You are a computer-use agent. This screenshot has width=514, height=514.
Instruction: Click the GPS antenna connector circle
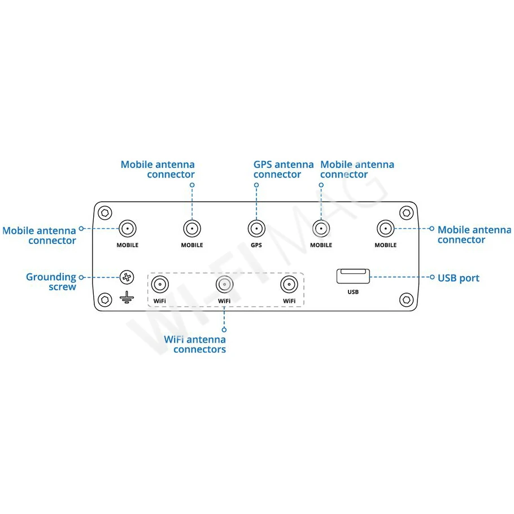coord(256,229)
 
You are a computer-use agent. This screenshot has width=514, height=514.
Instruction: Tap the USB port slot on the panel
coord(353,276)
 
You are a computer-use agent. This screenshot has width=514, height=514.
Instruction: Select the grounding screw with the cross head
coord(127,277)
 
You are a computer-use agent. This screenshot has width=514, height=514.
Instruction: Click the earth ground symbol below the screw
coord(127,297)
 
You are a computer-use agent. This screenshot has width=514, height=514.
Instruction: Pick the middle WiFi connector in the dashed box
coord(224,285)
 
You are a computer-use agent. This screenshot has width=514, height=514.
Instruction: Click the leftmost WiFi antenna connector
coord(160,285)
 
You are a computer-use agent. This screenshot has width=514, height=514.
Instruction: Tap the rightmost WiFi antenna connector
coord(289,285)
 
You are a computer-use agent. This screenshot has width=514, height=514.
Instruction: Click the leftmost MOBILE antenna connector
coord(128,229)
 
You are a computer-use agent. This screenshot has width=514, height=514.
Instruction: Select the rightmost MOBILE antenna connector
coord(385,229)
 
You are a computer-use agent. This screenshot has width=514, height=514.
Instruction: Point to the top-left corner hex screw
coord(105,213)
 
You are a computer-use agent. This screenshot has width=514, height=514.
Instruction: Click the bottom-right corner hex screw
coord(407,299)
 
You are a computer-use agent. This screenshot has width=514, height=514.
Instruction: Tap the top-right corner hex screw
coord(407,213)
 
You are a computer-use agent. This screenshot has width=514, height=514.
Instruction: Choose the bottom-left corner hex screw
coord(105,299)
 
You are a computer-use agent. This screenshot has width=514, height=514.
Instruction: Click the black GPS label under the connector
coord(256,245)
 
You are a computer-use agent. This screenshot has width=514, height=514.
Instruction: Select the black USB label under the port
coord(353,292)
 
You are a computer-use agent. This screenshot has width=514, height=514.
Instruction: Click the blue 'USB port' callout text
coord(458,278)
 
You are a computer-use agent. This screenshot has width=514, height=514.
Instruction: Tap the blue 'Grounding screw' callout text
coord(51,282)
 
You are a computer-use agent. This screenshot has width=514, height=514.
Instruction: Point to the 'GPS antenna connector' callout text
coord(284,169)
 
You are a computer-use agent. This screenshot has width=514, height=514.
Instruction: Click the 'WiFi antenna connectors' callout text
coord(195,344)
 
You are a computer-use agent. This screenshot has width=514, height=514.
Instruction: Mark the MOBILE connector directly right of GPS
coord(321,229)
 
